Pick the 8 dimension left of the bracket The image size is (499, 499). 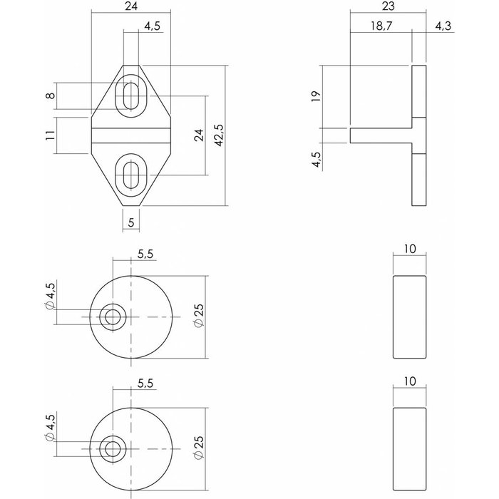point(49,96)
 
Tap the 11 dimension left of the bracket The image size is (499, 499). point(49,135)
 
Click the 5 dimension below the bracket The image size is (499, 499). point(130,222)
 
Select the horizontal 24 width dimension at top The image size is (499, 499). point(131,8)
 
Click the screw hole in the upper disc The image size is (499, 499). point(111,317)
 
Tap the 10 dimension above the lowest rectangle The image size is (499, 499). point(411,381)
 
